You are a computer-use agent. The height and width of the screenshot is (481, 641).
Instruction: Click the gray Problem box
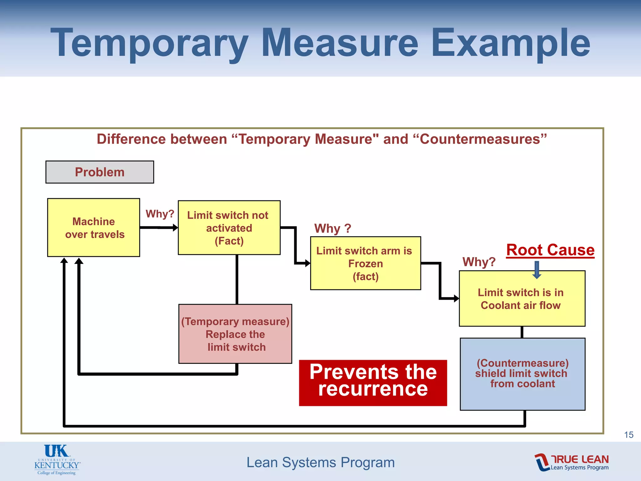click(x=100, y=172)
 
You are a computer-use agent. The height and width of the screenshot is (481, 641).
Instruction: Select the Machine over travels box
click(x=94, y=228)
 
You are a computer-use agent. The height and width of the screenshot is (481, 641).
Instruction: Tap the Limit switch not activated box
click(x=229, y=228)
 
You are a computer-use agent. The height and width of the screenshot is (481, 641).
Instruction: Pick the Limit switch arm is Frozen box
click(x=365, y=263)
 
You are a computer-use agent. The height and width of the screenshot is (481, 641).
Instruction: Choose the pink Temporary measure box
click(x=235, y=334)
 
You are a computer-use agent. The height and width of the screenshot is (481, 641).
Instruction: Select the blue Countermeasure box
click(x=522, y=374)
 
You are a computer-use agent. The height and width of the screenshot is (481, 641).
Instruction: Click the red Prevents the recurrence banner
click(x=373, y=383)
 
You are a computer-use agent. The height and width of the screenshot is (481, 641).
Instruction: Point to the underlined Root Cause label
click(x=550, y=250)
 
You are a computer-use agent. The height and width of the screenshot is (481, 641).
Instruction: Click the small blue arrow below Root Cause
click(x=537, y=270)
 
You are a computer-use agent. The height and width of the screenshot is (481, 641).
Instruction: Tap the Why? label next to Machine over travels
click(x=160, y=214)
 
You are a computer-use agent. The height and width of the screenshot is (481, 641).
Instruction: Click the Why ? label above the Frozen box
click(x=332, y=228)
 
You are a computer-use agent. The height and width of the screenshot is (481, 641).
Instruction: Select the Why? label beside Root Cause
click(x=479, y=262)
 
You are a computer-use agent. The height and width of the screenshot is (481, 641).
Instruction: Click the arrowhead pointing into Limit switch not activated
click(x=175, y=228)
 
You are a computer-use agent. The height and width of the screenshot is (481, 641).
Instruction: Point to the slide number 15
click(x=628, y=435)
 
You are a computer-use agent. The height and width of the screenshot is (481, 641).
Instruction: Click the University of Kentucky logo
click(x=57, y=460)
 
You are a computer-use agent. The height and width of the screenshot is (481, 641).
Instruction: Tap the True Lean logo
click(x=572, y=462)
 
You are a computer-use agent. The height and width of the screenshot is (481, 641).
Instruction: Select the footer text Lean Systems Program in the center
click(x=320, y=462)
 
